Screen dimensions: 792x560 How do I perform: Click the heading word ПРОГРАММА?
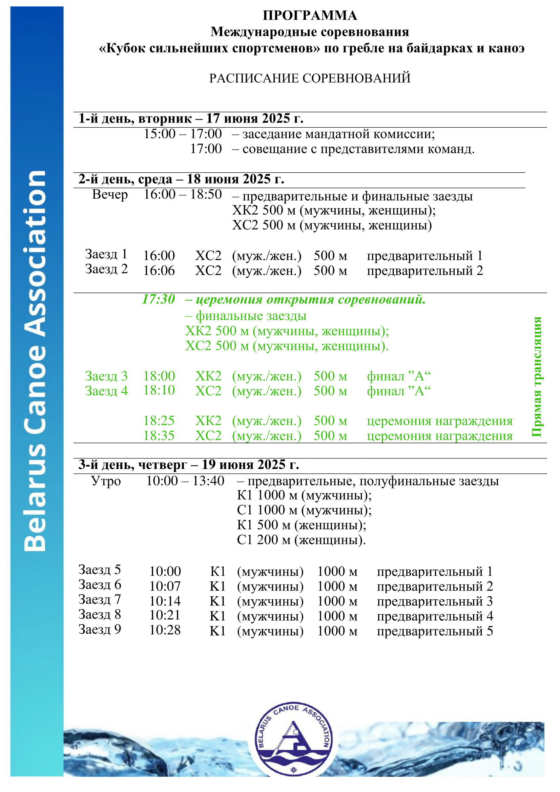tap(310, 16)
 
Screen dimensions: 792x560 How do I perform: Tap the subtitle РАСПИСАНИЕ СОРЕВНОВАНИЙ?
tap(310, 78)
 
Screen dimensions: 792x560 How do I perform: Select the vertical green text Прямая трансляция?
tap(537, 376)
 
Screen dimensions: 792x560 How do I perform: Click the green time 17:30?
tap(159, 299)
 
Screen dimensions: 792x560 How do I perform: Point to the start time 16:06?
tap(159, 271)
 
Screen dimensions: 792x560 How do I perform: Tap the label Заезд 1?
tap(106, 254)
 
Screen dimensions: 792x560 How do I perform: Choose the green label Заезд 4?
tap(106, 391)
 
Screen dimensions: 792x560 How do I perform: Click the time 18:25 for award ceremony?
tap(159, 421)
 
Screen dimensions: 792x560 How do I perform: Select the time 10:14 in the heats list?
tap(165, 601)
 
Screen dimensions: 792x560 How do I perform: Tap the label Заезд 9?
tap(100, 629)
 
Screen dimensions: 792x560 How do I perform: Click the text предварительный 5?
tap(435, 631)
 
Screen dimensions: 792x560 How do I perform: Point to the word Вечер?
tap(110, 195)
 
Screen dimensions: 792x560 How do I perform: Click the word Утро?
tap(106, 481)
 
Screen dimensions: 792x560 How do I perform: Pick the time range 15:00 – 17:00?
tap(183, 134)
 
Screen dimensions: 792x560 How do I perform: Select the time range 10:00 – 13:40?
tap(185, 481)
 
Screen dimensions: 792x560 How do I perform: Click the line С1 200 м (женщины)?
tap(301, 540)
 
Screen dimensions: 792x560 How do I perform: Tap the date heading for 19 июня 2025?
tap(188, 465)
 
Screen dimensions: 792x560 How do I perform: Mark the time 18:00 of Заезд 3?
tap(159, 376)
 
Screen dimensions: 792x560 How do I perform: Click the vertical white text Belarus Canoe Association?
tap(35, 361)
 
